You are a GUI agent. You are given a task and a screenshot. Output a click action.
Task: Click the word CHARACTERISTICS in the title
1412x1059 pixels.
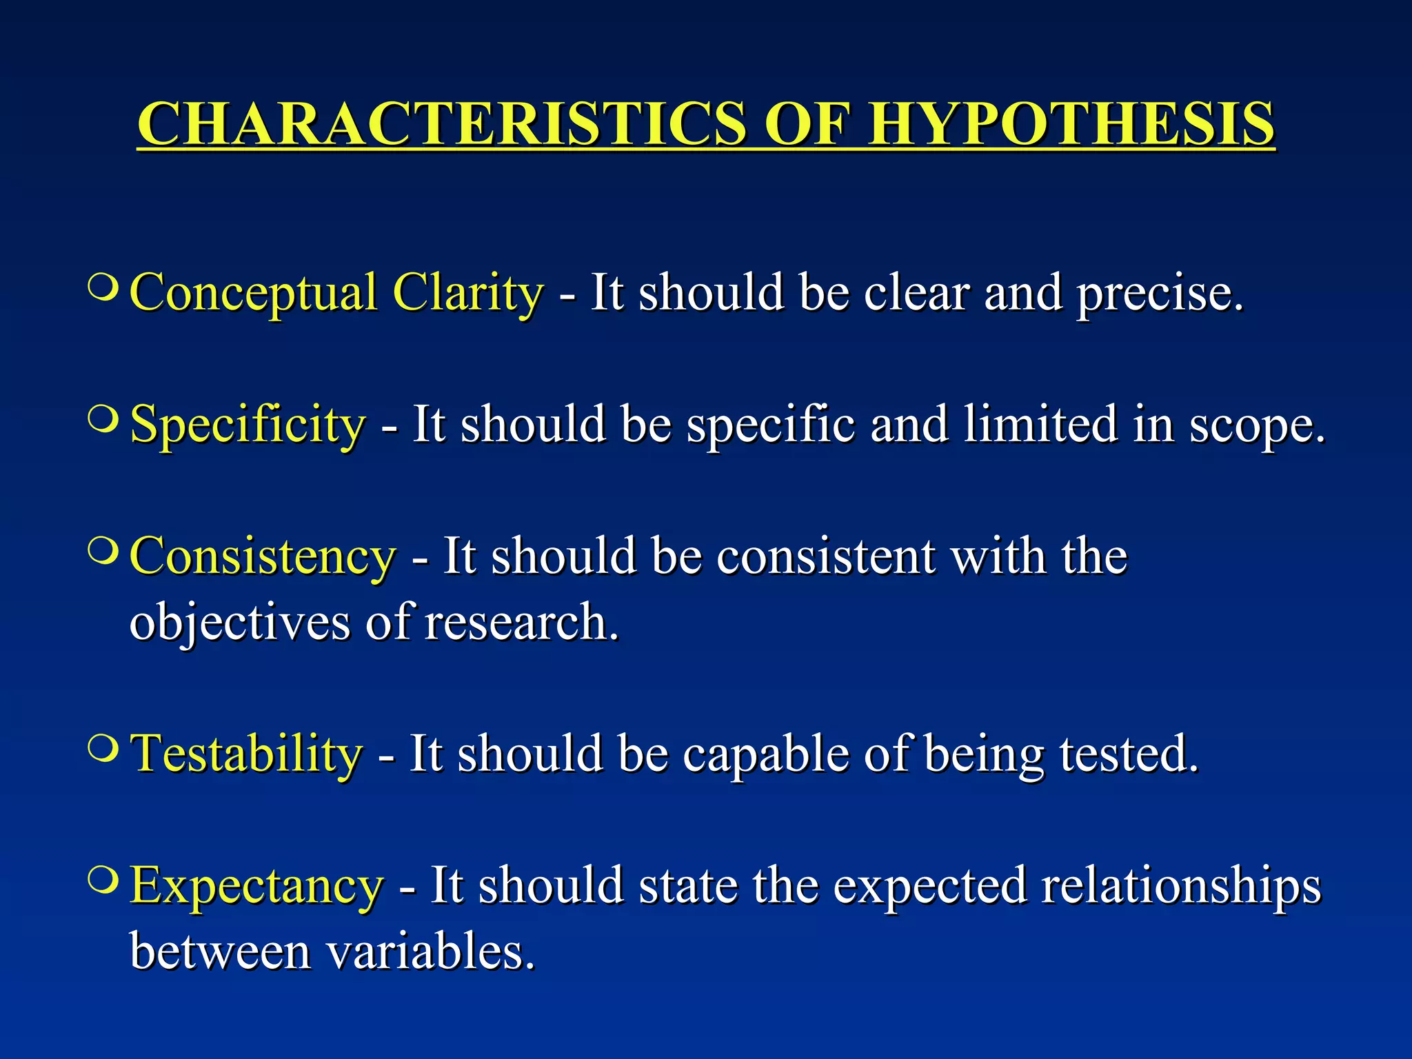[x=441, y=124]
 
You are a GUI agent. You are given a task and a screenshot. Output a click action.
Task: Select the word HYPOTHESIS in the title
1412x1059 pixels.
[x=1071, y=124]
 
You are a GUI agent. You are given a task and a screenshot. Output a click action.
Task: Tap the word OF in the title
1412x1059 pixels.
[x=806, y=124]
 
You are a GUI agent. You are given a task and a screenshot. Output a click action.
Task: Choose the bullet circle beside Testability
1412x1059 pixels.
[x=103, y=747]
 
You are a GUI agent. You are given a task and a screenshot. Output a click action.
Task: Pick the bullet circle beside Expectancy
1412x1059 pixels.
[x=103, y=879]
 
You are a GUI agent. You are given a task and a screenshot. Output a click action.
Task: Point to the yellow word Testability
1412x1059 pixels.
[x=247, y=754]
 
